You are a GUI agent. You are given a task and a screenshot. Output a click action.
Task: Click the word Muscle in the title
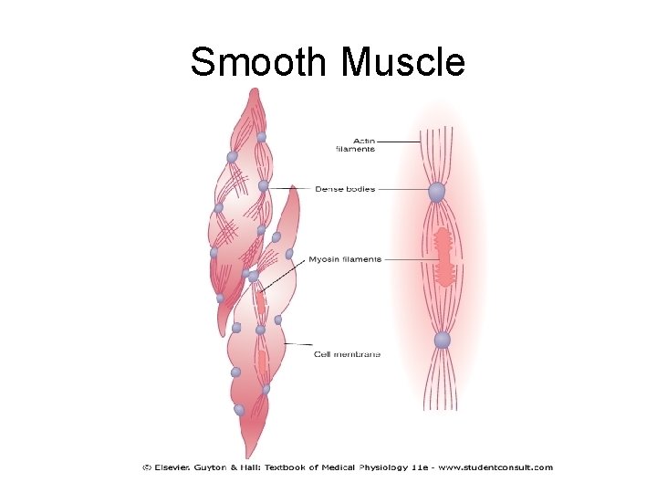402,62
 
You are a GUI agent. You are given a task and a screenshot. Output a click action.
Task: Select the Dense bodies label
345,190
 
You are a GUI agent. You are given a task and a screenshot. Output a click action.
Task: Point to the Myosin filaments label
344,259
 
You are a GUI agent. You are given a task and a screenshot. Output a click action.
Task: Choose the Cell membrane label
347,353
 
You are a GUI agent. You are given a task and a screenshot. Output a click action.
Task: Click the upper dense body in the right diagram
437,192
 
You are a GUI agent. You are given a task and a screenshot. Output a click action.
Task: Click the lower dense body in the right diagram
443,340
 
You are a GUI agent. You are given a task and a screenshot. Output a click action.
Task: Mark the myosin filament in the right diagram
444,257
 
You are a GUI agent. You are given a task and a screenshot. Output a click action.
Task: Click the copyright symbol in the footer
147,467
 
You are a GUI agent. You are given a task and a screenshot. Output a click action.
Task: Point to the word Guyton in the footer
222,467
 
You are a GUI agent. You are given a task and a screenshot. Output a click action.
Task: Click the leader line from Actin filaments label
398,142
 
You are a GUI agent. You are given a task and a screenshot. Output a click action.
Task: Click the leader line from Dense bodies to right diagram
401,190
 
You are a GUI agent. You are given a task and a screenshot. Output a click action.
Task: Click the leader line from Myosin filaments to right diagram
406,259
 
